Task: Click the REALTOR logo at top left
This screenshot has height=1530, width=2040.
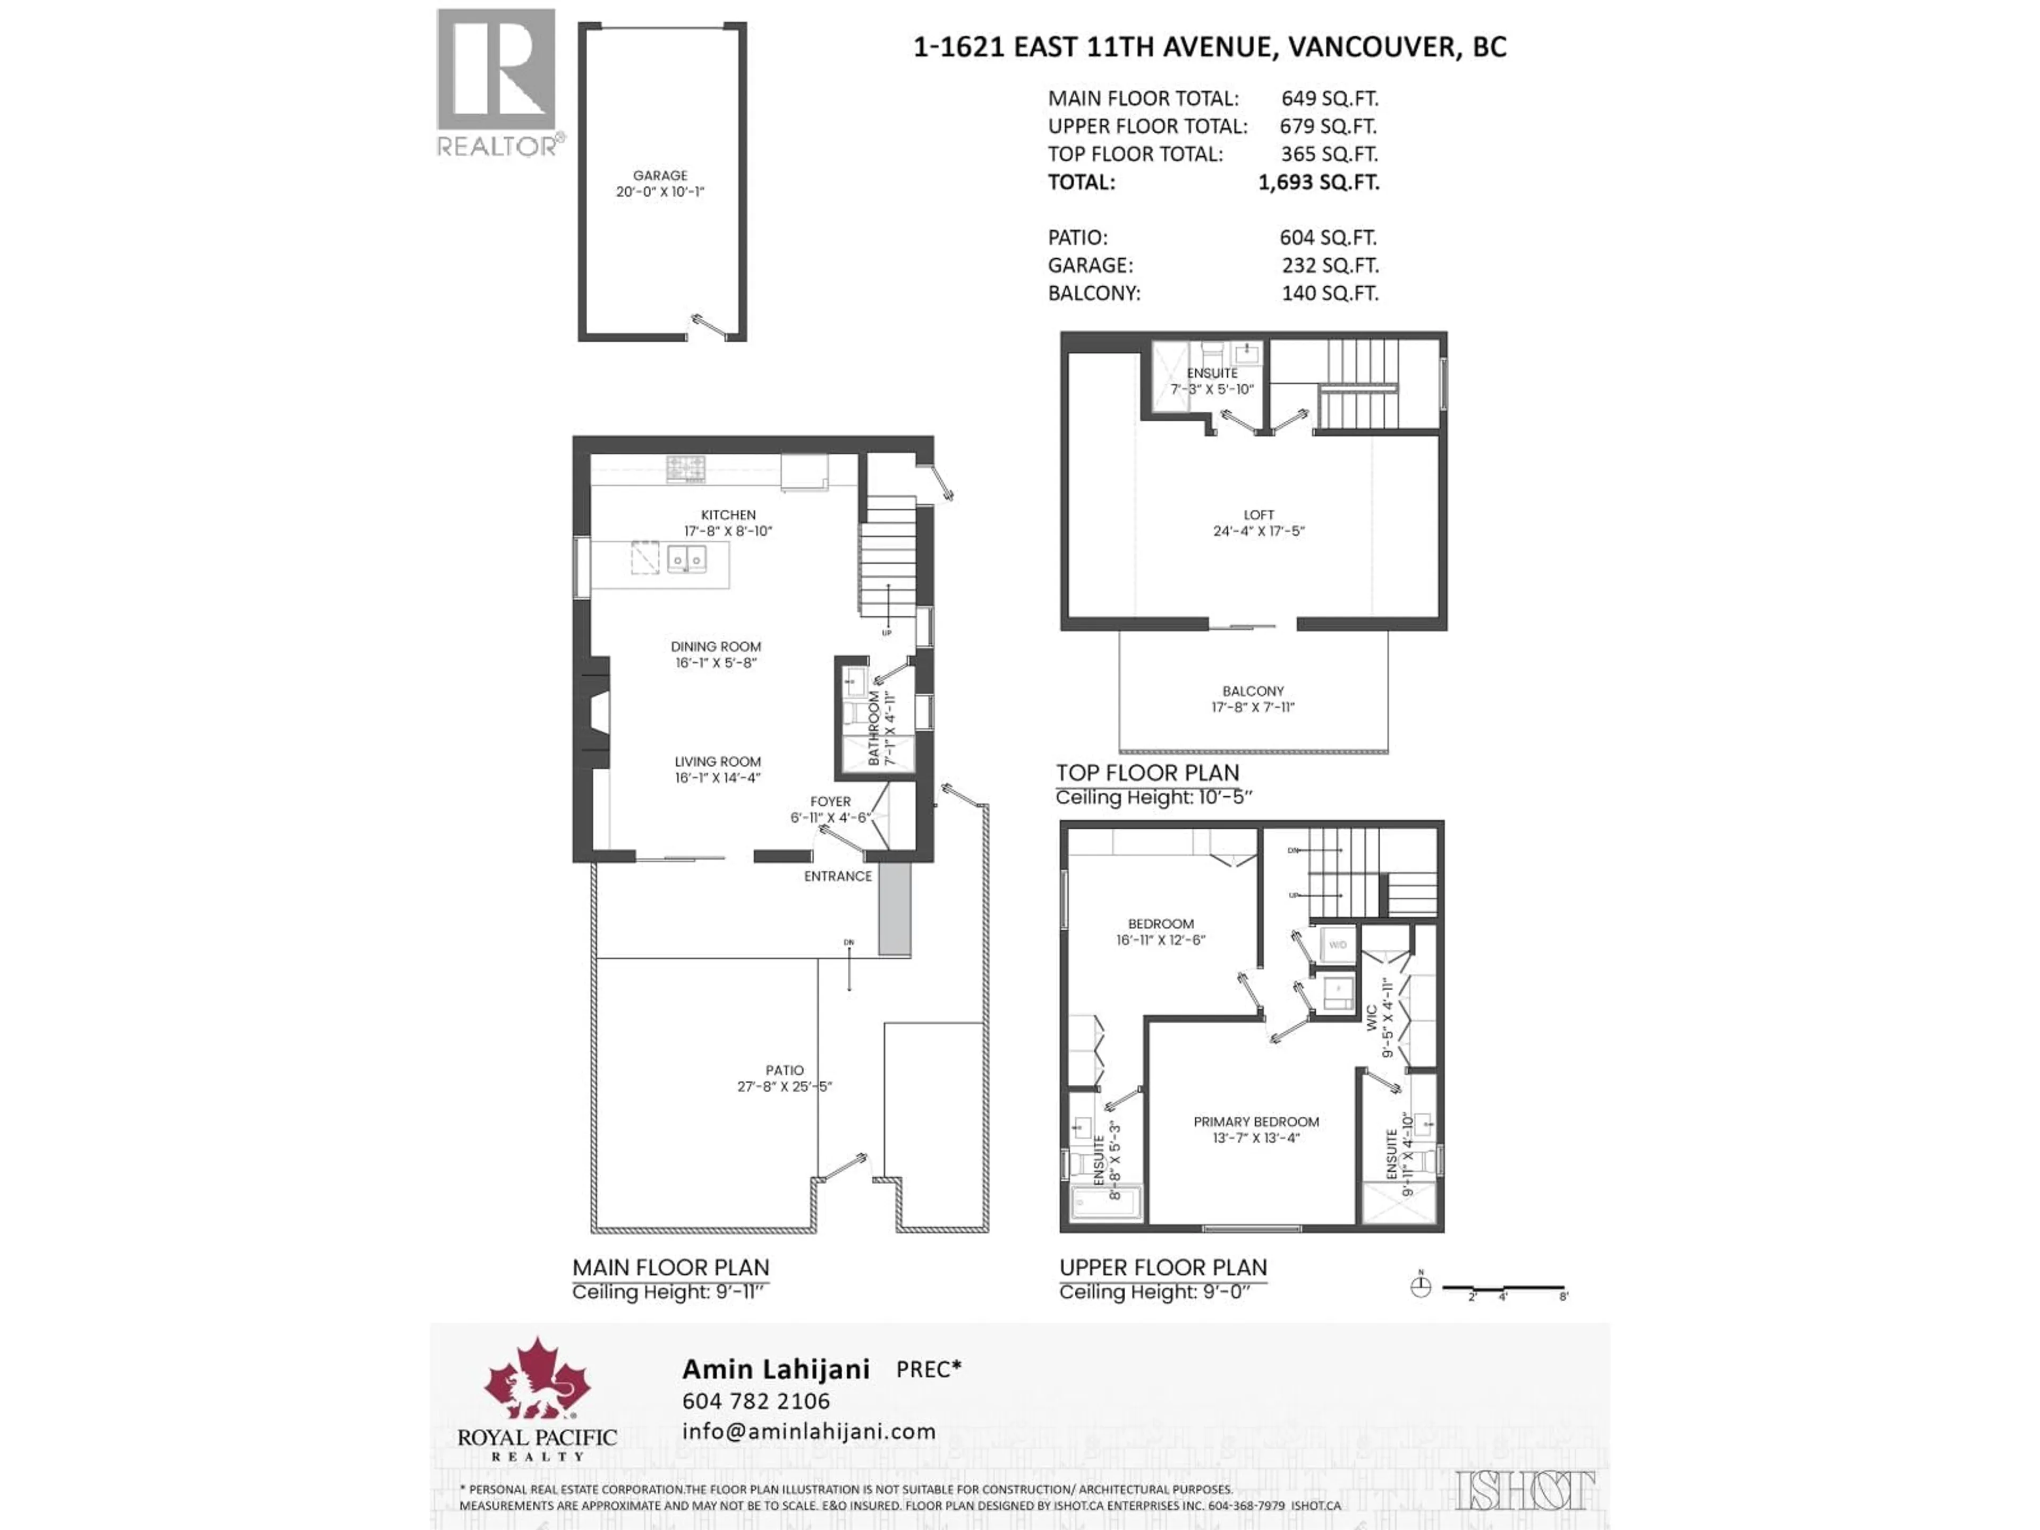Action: pyautogui.click(x=496, y=82)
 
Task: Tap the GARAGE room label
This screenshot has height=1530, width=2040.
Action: pyautogui.click(x=659, y=175)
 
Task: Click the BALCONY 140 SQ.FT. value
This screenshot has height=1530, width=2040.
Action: pyautogui.click(x=1330, y=293)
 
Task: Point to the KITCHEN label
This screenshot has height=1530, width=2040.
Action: pyautogui.click(x=728, y=515)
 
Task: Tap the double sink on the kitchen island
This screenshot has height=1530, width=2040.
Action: pyautogui.click(x=686, y=558)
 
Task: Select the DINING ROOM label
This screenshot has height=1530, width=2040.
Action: pyautogui.click(x=716, y=647)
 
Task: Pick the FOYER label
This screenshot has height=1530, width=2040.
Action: pyautogui.click(x=830, y=802)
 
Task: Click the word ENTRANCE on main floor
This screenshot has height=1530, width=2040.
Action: pyautogui.click(x=837, y=876)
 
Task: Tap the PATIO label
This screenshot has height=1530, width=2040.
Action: pyautogui.click(x=784, y=1070)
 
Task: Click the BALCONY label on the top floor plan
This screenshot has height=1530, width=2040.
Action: pyautogui.click(x=1252, y=691)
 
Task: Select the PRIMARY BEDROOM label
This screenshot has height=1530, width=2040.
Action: pyautogui.click(x=1255, y=1121)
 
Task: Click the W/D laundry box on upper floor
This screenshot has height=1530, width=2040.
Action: pyautogui.click(x=1337, y=945)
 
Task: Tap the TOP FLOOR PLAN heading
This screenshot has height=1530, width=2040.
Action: pyautogui.click(x=1147, y=773)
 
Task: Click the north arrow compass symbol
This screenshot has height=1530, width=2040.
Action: pyautogui.click(x=1420, y=1287)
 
